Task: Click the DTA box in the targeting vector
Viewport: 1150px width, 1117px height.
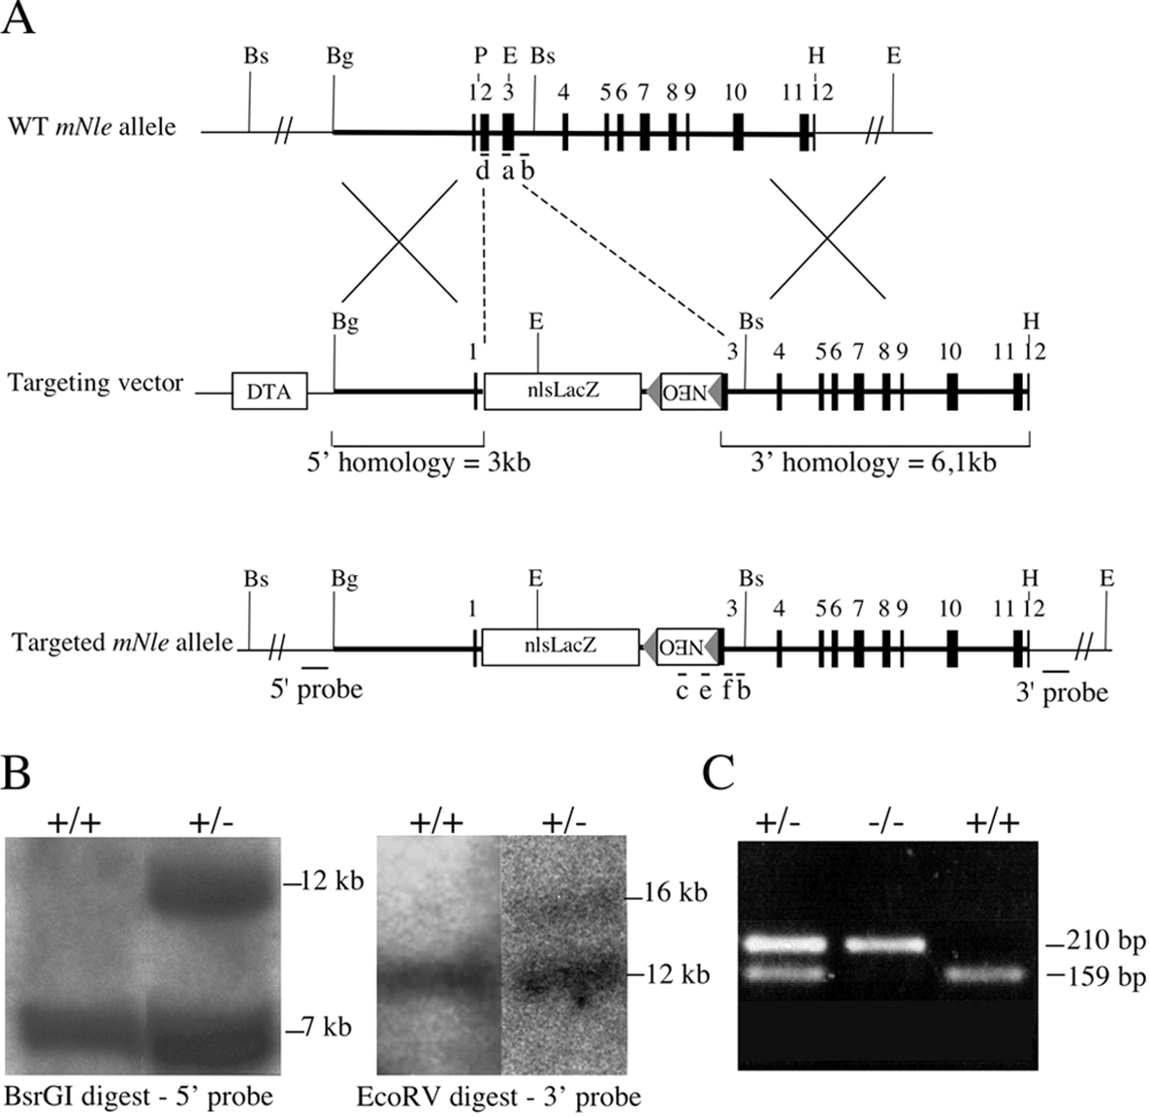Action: point(269,391)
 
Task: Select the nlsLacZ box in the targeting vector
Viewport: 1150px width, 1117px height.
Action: point(562,391)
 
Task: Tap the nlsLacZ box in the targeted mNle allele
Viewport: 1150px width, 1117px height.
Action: point(560,647)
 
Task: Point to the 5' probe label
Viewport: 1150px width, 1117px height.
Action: point(316,689)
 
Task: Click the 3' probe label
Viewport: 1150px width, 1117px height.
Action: point(1062,693)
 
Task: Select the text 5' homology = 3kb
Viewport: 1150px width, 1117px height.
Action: point(418,463)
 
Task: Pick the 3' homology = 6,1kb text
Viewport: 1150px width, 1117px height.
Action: point(873,463)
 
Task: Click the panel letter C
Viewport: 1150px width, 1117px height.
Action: point(719,774)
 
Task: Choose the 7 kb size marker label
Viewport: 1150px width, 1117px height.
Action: point(326,1027)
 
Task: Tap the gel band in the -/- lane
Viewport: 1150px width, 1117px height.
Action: point(885,943)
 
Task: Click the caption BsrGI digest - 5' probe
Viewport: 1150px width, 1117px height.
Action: point(139,1097)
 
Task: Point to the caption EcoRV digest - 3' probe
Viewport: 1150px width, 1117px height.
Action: point(498,1097)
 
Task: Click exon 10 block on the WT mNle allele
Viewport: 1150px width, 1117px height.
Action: point(739,132)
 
